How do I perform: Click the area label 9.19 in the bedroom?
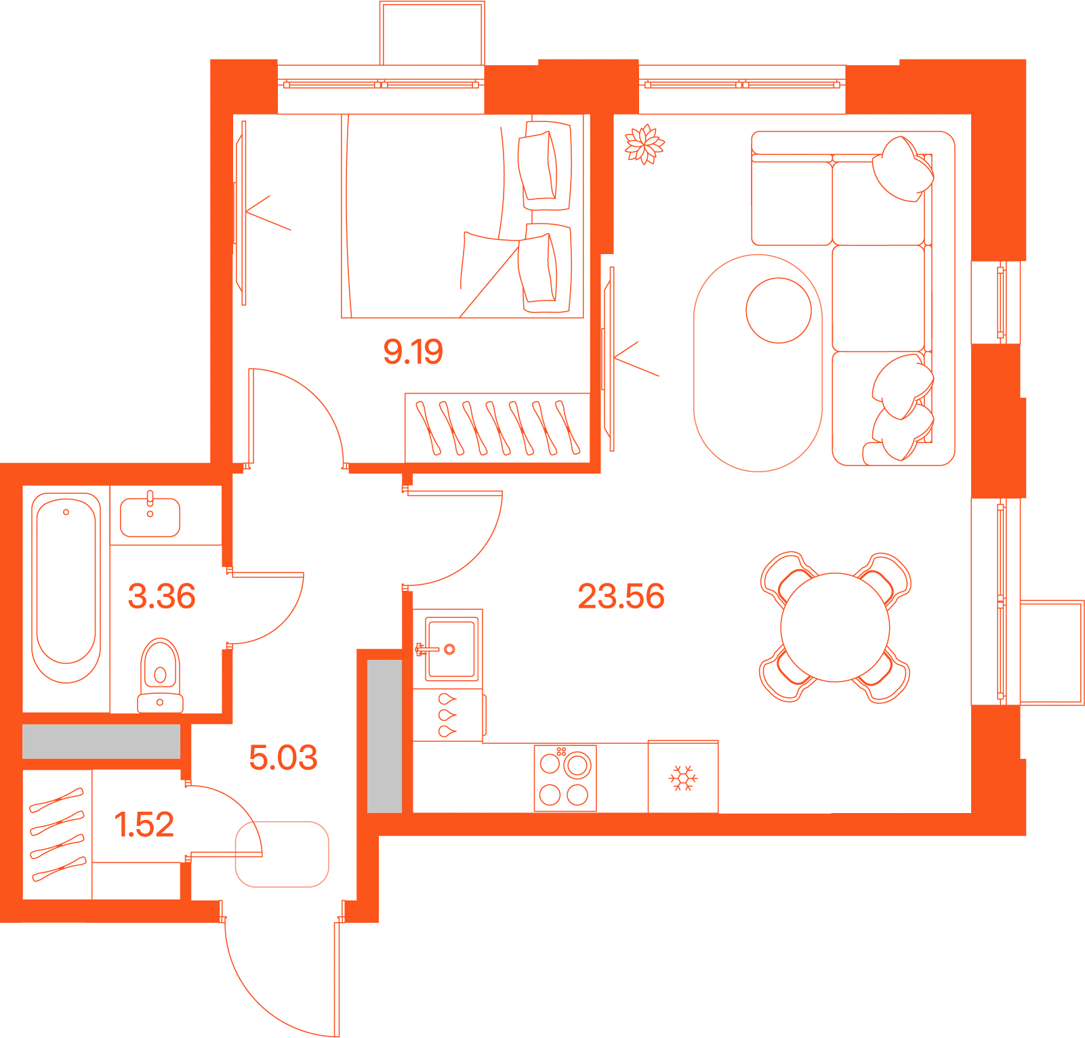(413, 352)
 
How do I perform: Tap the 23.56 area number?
(621, 596)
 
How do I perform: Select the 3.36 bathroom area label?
(161, 596)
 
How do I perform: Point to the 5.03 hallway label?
(283, 757)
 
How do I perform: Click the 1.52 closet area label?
(144, 825)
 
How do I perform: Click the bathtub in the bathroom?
(66, 587)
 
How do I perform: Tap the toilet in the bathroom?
(160, 676)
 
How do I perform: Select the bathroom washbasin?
(150, 517)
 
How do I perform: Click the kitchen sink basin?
(451, 649)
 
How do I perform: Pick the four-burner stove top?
(565, 778)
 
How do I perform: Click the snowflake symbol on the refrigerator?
(683, 778)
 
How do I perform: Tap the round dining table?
(835, 627)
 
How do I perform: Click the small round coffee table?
(779, 310)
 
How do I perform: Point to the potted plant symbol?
(644, 144)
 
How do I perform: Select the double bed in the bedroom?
(462, 215)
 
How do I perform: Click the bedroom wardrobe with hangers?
(497, 428)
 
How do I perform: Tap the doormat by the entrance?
(282, 854)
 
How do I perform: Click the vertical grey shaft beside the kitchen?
(385, 736)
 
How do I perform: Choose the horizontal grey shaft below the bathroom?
(102, 742)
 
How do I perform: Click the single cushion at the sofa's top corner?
(903, 169)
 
